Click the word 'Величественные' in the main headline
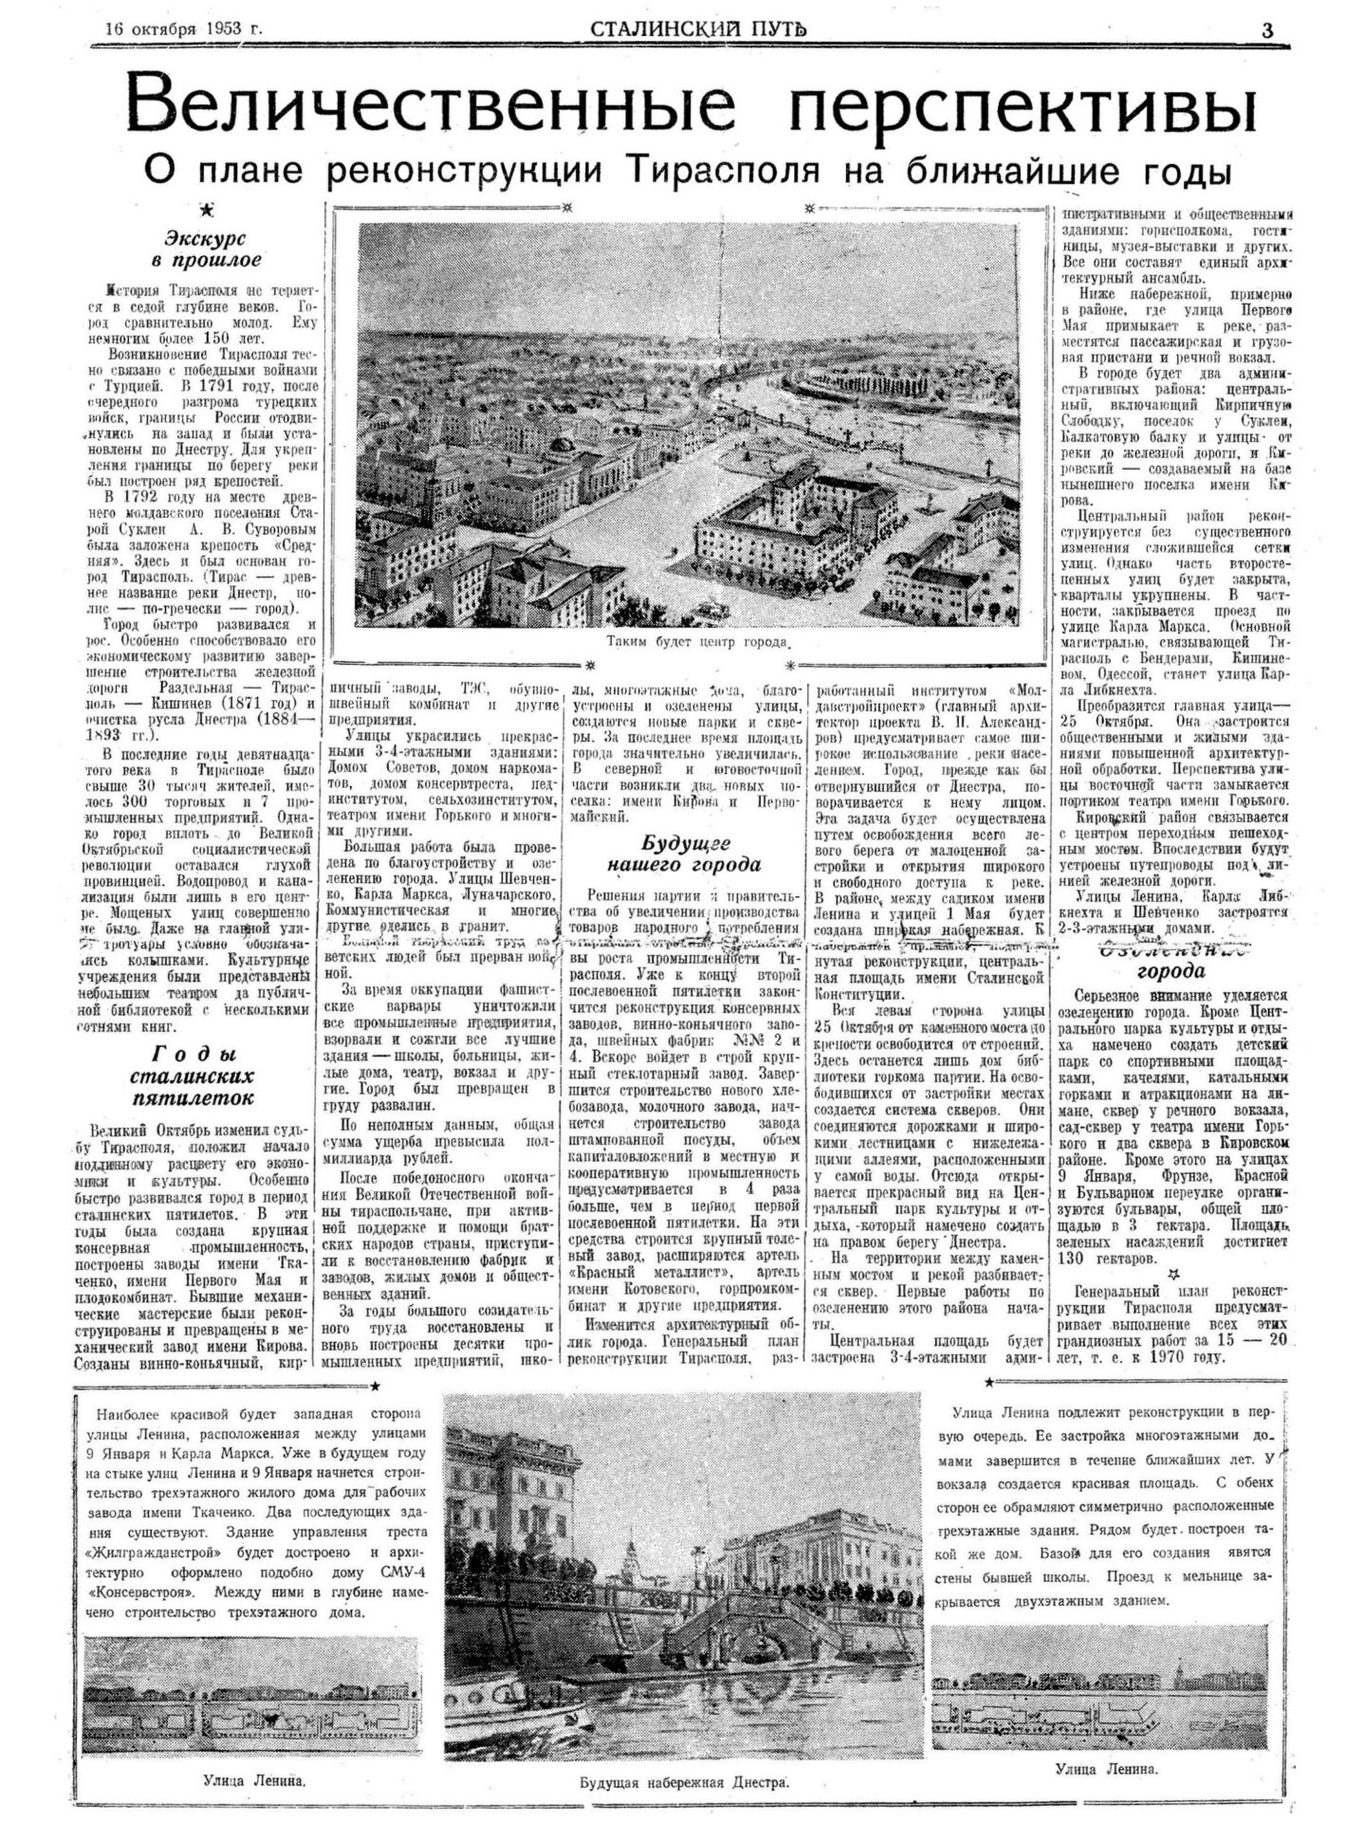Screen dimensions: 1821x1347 (x=432, y=107)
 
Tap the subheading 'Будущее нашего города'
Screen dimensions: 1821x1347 (x=686, y=853)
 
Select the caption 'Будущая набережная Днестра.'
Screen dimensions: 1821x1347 (x=684, y=1781)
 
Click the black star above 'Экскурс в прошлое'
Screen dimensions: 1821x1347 (x=207, y=210)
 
